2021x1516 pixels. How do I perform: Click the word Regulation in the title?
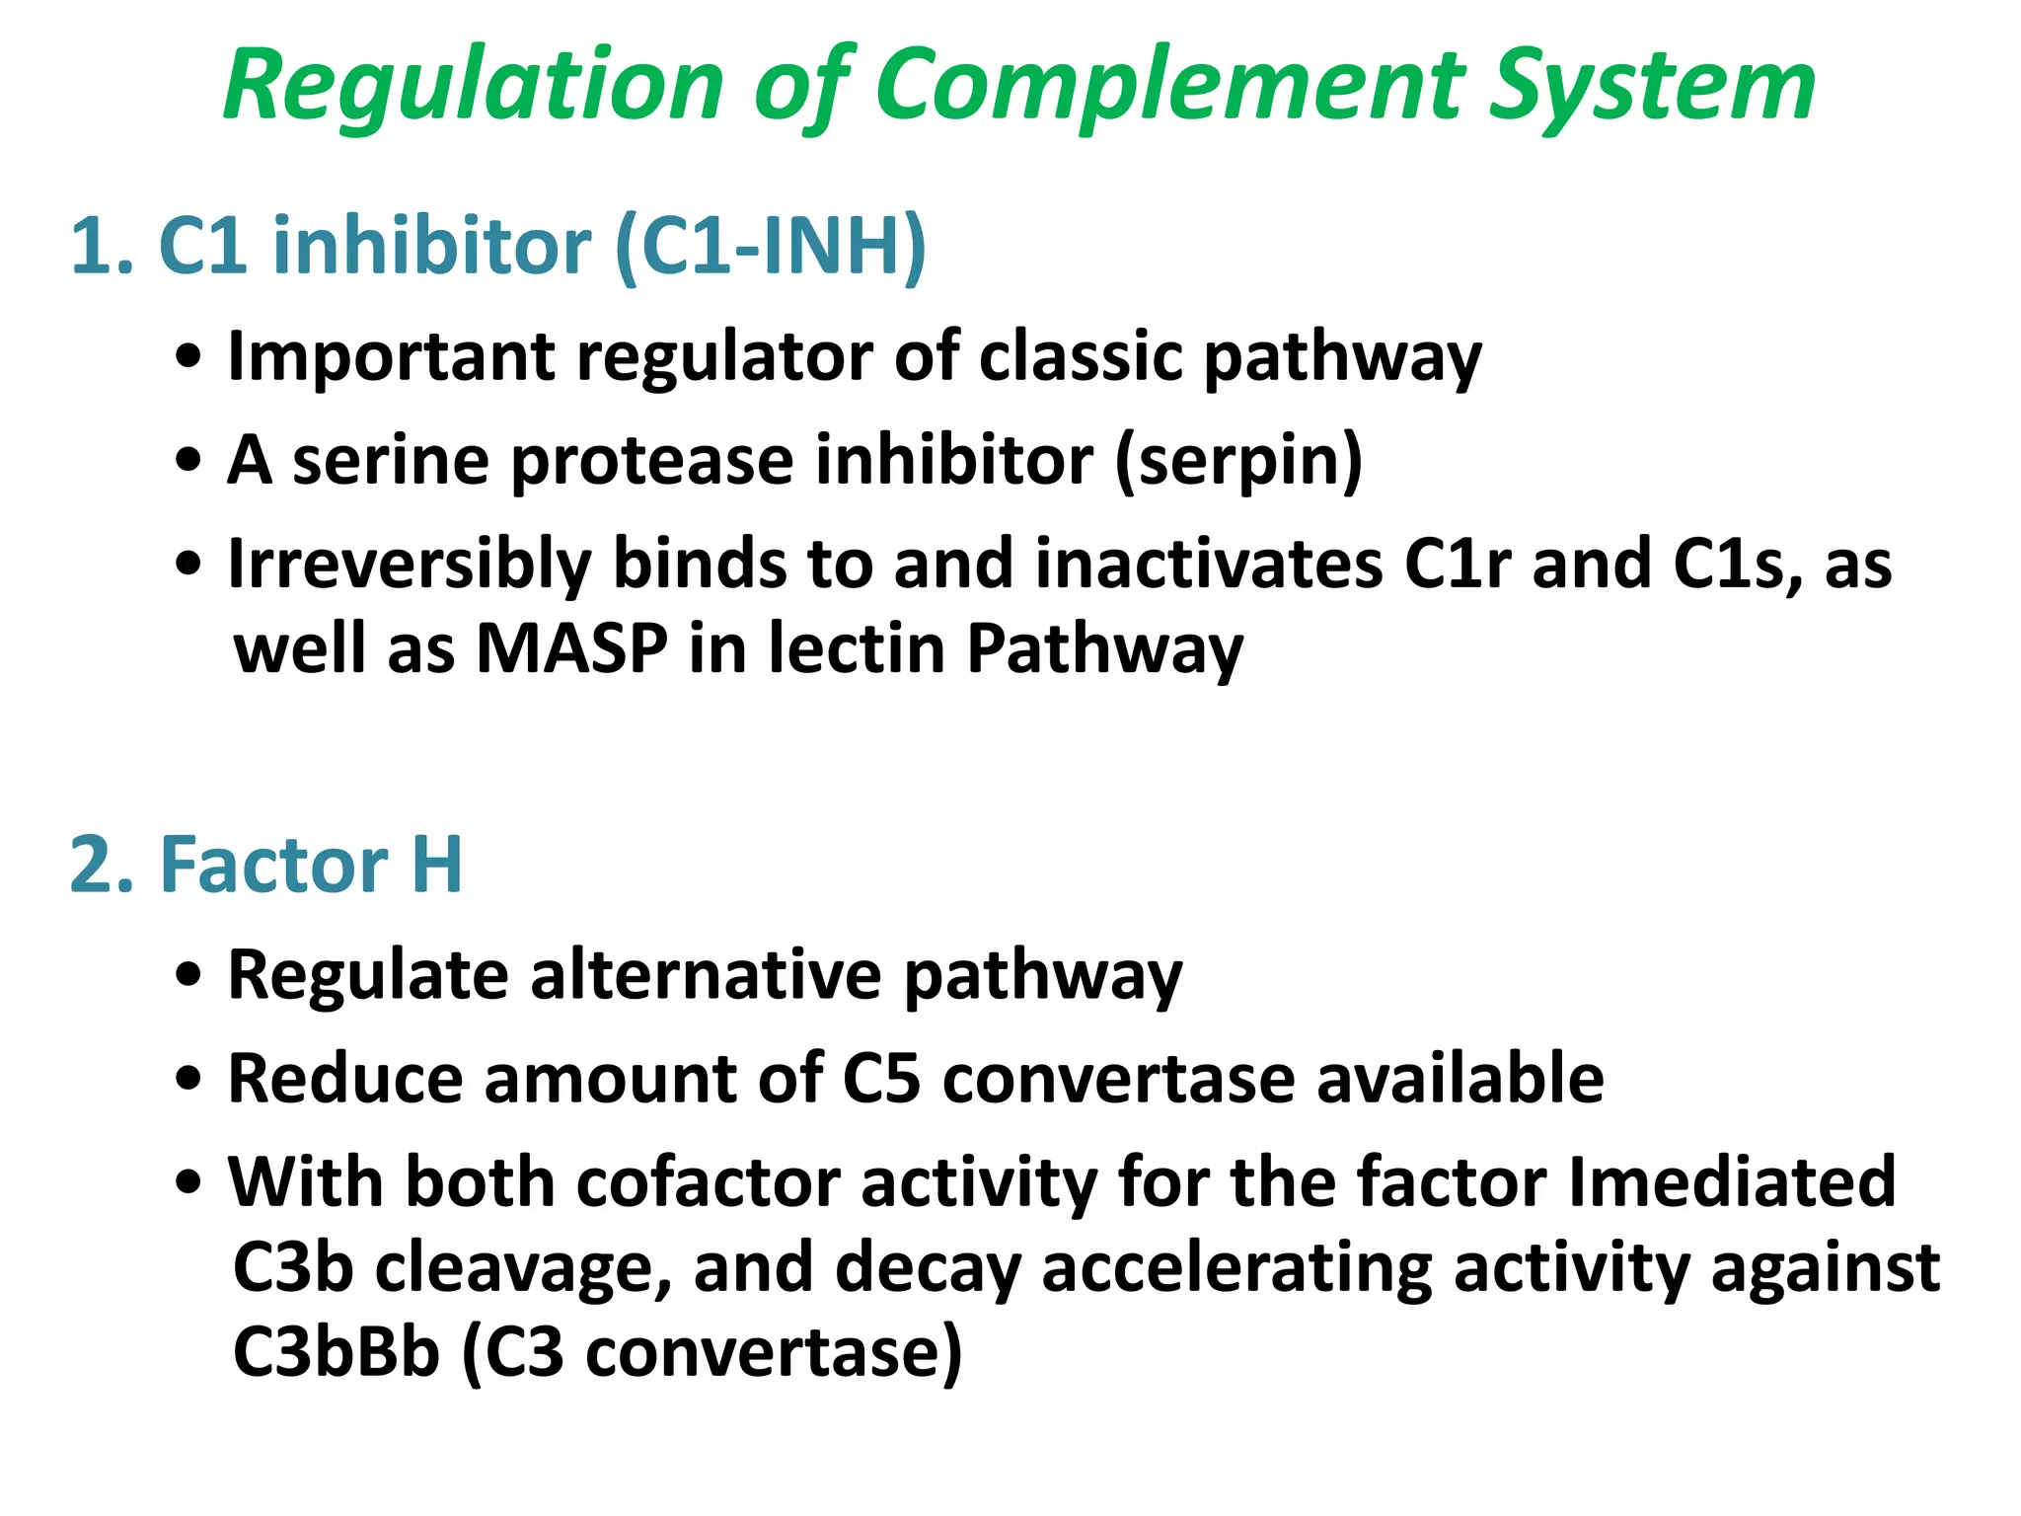coord(474,87)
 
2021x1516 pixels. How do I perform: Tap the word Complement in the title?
coord(1168,87)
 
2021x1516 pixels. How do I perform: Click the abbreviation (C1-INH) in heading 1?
coord(770,246)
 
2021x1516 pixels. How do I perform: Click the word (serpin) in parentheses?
coord(1238,461)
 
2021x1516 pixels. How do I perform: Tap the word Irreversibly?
coord(409,566)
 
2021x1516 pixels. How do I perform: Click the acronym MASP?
coord(571,648)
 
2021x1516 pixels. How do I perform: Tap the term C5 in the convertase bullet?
coord(880,1078)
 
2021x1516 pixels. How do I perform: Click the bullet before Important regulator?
coord(188,357)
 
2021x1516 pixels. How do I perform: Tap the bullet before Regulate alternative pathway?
coord(188,976)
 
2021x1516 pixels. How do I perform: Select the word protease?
coord(652,461)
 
